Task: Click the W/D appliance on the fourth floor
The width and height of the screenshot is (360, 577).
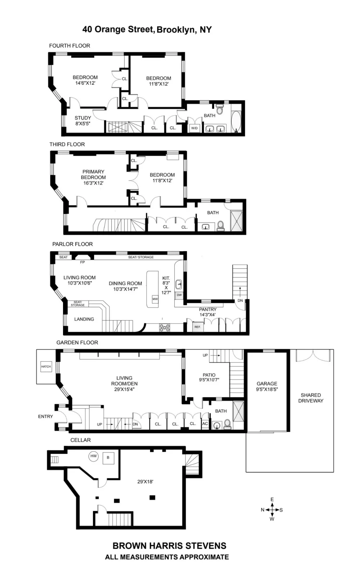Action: click(x=194, y=128)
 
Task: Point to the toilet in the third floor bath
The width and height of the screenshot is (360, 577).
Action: click(x=221, y=226)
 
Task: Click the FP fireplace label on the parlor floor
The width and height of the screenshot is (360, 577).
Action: click(x=82, y=262)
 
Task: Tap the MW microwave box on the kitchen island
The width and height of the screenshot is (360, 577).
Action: click(x=155, y=299)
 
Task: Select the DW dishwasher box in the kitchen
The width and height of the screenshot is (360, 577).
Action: click(x=179, y=295)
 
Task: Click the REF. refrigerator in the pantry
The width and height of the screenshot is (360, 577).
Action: click(x=198, y=327)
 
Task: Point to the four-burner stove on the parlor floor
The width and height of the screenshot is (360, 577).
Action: click(x=165, y=328)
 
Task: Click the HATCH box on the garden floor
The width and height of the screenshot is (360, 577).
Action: click(x=46, y=366)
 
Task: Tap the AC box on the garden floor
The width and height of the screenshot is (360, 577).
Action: click(x=205, y=424)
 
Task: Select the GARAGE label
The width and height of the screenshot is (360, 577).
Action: click(x=267, y=384)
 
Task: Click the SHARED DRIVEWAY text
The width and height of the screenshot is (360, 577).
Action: click(x=311, y=398)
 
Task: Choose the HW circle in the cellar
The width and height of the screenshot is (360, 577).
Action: click(x=94, y=456)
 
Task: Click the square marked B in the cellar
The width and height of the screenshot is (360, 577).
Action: click(x=108, y=458)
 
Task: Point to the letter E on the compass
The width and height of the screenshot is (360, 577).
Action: click(x=272, y=500)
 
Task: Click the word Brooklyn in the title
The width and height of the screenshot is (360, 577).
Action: click(x=176, y=30)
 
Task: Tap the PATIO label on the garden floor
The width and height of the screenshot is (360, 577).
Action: click(x=209, y=375)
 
